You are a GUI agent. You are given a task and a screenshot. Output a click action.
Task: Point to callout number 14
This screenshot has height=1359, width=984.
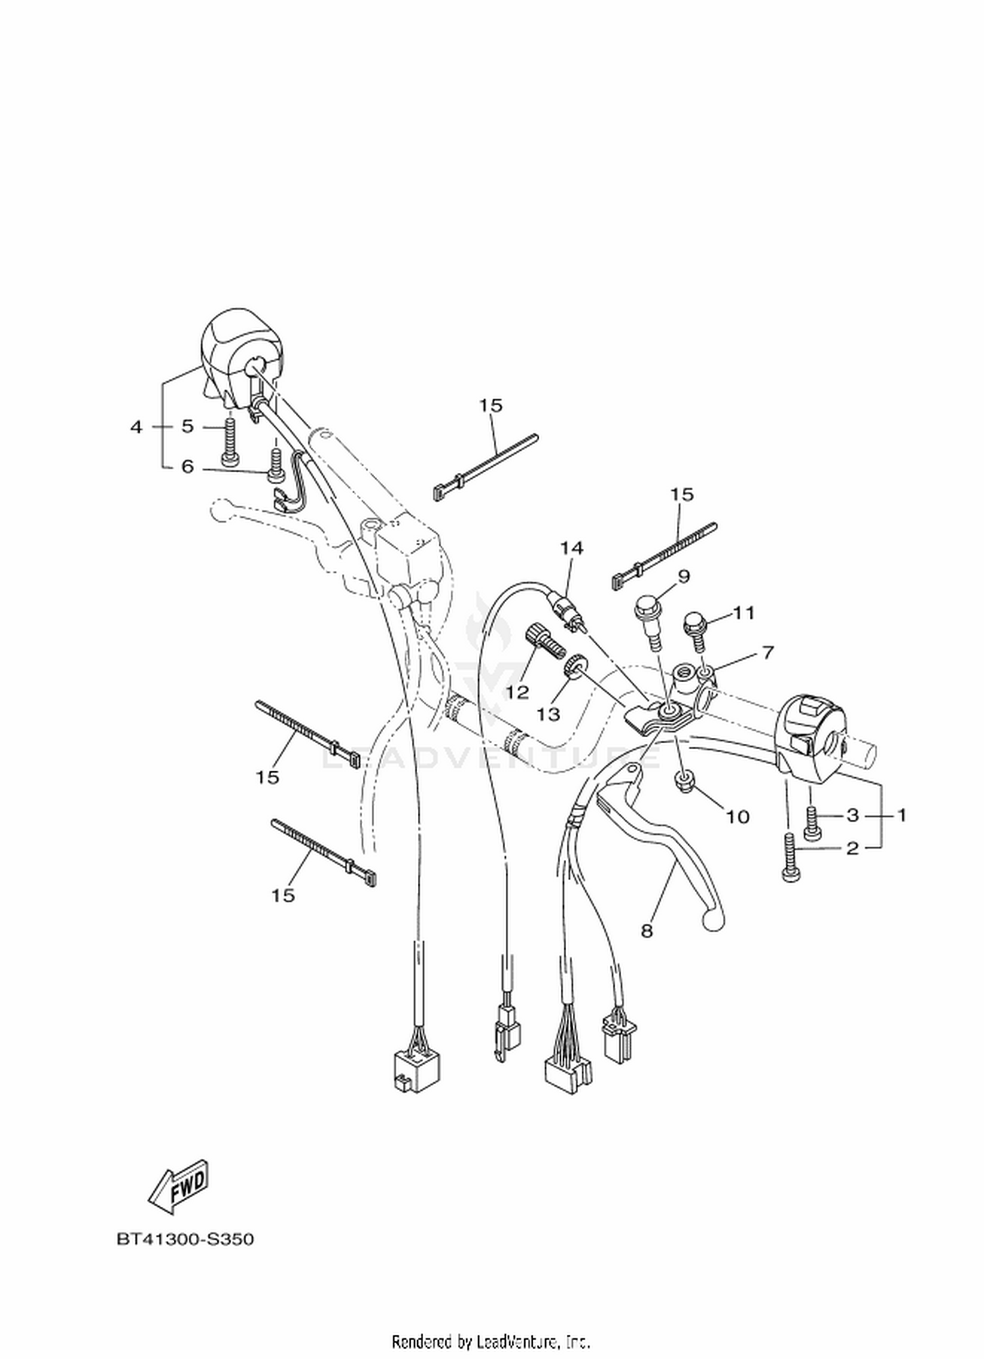[571, 548]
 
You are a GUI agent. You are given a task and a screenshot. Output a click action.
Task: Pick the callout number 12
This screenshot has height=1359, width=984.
[518, 693]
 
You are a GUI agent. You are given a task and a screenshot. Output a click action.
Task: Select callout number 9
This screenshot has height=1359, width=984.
[684, 577]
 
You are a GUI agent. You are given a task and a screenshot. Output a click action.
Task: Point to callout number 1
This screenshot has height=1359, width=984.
[901, 815]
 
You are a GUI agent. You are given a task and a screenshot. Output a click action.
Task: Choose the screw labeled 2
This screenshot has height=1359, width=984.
[790, 857]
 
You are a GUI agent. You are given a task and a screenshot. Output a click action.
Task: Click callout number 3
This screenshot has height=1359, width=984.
[852, 815]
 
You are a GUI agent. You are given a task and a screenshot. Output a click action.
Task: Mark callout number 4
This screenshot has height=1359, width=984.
[136, 427]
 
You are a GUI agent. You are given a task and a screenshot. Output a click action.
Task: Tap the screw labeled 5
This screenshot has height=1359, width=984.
[229, 443]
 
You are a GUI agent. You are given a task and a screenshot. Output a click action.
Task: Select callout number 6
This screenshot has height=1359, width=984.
[188, 467]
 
